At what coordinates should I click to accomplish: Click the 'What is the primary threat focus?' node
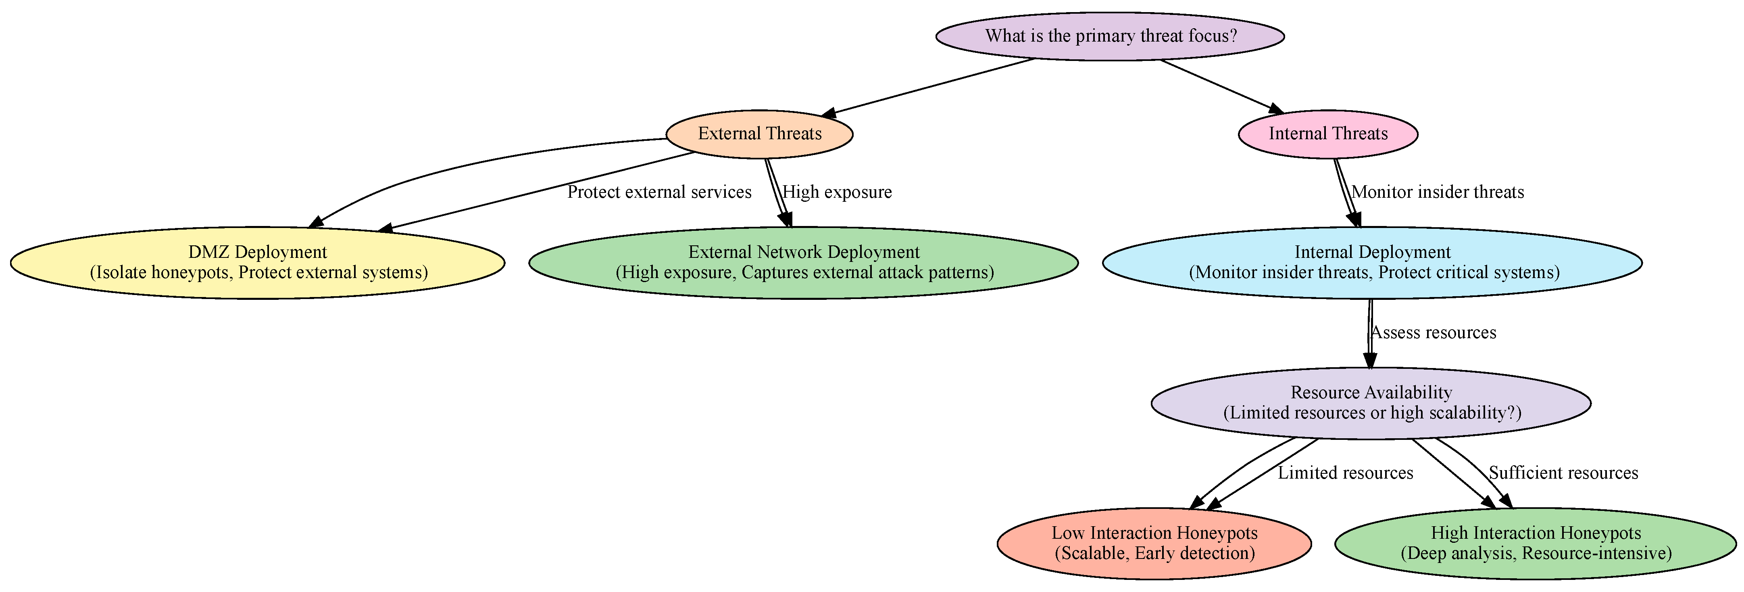[x=1110, y=36]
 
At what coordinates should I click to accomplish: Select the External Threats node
[x=760, y=134]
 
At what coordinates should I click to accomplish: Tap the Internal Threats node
[x=1327, y=134]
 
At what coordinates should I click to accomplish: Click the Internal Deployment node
[x=1372, y=262]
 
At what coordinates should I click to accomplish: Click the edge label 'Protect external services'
[x=659, y=192]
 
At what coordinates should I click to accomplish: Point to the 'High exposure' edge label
[x=837, y=192]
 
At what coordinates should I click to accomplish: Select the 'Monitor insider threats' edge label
[x=1437, y=192]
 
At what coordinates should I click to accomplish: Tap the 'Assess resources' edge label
[x=1433, y=333]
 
